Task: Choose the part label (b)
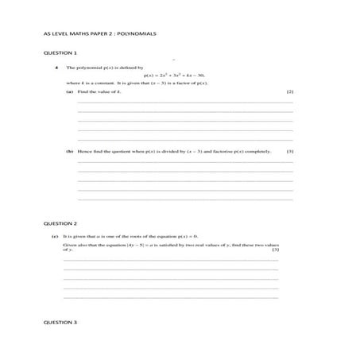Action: click(70, 151)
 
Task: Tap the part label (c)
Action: click(54, 237)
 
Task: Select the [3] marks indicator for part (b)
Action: click(290, 151)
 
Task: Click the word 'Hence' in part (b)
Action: click(85, 151)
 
